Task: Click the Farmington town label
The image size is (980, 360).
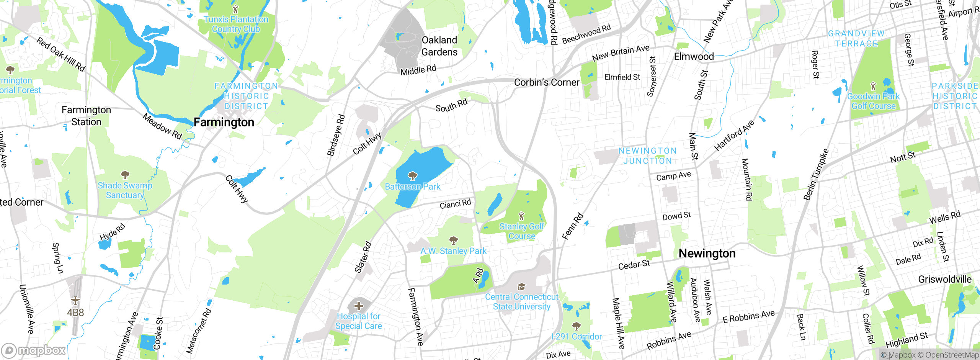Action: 224,122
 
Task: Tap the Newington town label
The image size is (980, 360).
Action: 707,254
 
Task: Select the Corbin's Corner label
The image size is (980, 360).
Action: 546,82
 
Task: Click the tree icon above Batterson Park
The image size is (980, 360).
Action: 412,176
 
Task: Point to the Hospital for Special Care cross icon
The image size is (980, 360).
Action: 359,306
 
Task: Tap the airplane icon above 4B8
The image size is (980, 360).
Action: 75,300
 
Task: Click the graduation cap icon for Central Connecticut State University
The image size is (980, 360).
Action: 521,287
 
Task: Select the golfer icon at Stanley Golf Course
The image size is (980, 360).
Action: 521,216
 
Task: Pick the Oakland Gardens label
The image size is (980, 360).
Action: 439,46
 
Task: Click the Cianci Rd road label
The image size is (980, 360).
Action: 455,204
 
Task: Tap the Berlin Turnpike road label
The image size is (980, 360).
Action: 816,175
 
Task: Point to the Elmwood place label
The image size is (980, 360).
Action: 694,57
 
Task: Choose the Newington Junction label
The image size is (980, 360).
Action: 648,156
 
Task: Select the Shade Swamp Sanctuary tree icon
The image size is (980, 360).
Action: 125,175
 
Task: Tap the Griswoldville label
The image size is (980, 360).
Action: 944,279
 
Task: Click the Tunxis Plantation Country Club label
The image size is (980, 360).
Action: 236,24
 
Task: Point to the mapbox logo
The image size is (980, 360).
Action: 34,350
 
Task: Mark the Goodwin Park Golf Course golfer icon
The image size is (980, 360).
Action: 873,86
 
